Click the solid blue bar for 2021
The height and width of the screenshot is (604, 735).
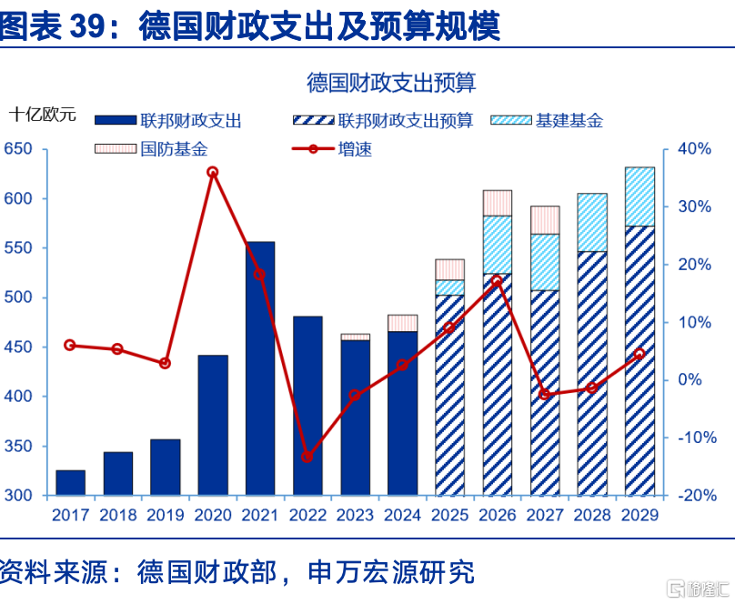tap(260, 368)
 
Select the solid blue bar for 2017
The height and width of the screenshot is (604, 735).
tap(70, 483)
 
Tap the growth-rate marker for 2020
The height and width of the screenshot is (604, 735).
tap(212, 172)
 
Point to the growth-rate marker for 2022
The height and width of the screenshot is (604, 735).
tap(307, 457)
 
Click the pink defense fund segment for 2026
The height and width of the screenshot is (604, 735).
tap(498, 203)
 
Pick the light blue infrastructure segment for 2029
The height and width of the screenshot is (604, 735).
tap(639, 196)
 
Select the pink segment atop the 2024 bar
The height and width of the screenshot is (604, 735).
tap(402, 323)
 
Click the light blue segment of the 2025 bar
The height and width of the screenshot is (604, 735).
tap(450, 287)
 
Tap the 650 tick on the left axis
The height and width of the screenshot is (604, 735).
tap(18, 149)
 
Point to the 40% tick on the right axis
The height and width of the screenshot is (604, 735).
tap(694, 149)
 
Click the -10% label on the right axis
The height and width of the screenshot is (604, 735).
tap(697, 438)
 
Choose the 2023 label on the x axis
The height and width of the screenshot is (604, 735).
tap(355, 515)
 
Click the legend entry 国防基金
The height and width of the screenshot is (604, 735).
tap(151, 149)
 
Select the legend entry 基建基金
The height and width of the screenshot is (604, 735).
tap(547, 120)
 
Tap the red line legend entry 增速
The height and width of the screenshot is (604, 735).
tap(332, 149)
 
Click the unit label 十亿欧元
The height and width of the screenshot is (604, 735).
tap(42, 115)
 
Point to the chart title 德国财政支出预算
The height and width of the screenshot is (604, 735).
tap(391, 83)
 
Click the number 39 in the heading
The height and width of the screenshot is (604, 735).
tap(87, 25)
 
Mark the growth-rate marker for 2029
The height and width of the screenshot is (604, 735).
tap(639, 354)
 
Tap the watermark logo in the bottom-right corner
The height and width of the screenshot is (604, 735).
tap(698, 589)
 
